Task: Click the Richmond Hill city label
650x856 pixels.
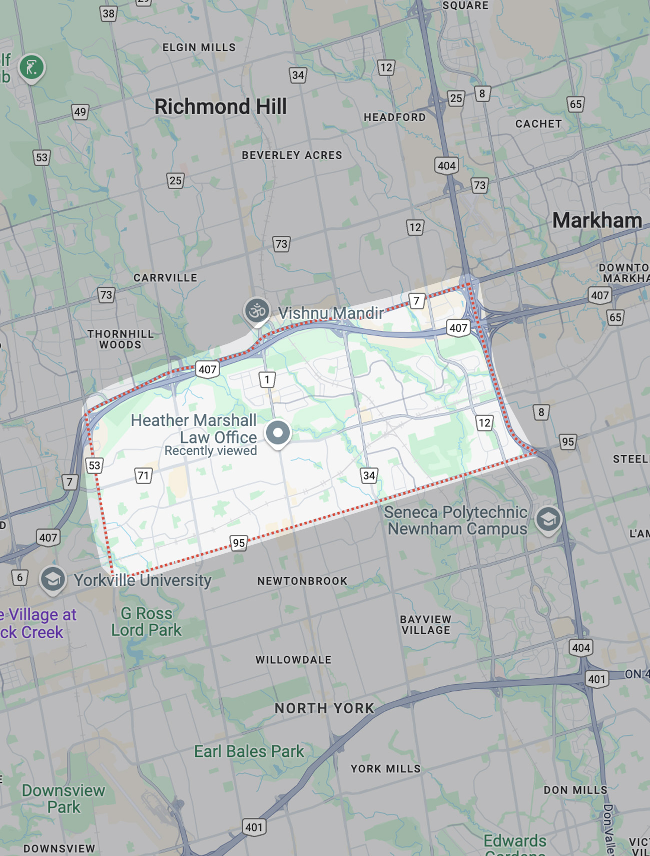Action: (220, 107)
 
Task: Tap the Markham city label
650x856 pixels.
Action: (596, 221)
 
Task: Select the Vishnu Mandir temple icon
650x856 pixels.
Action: (257, 311)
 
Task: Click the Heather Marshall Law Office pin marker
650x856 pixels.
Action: (278, 433)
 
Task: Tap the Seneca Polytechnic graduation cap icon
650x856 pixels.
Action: (548, 520)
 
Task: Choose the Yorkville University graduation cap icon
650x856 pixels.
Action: (53, 579)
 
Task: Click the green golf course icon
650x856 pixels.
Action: (32, 67)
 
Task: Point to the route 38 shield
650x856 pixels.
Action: (108, 14)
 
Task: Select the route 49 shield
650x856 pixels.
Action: (80, 112)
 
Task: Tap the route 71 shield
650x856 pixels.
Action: (144, 475)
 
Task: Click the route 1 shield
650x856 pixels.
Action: (267, 379)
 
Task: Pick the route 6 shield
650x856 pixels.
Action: (20, 578)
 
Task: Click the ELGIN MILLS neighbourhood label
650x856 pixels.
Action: (199, 48)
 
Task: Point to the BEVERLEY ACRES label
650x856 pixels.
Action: (292, 155)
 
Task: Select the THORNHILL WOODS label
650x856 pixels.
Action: (120, 339)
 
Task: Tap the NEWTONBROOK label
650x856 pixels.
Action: (302, 581)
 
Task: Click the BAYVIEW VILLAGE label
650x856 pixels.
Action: (426, 625)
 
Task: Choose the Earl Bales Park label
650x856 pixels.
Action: (249, 751)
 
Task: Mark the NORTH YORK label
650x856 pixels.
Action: (324, 708)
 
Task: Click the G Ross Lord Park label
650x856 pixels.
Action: (146, 622)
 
